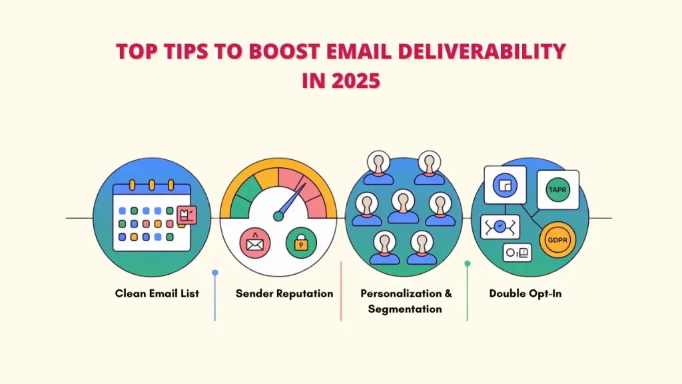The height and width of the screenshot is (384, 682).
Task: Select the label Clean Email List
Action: [x=157, y=293]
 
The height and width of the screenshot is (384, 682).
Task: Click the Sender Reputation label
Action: [x=284, y=293]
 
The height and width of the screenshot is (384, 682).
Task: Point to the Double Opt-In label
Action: [x=525, y=293]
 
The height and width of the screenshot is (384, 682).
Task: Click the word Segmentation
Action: [x=405, y=309]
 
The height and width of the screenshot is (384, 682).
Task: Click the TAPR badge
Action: [x=557, y=189]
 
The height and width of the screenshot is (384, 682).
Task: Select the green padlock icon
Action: [x=301, y=243]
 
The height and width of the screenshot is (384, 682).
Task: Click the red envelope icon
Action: [x=254, y=243]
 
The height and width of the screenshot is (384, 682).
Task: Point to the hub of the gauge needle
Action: [x=279, y=215]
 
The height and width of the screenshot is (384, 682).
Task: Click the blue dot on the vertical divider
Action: [x=214, y=273]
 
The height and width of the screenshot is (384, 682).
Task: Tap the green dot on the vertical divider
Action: [x=467, y=264]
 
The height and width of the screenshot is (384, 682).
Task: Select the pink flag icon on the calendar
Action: [x=186, y=215]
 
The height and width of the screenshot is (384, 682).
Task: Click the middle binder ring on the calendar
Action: [x=151, y=185]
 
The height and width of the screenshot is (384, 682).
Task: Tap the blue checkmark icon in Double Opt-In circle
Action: [x=500, y=227]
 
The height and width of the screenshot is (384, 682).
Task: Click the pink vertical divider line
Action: [x=341, y=291]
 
